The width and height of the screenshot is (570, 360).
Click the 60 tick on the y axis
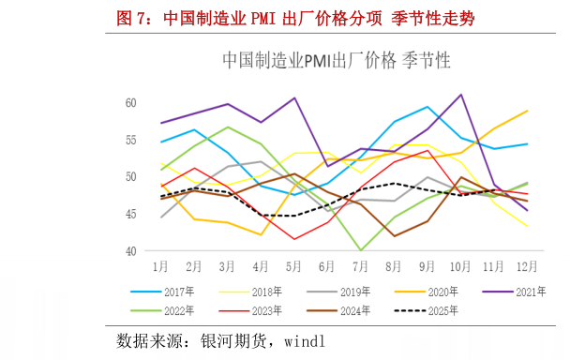pyautogui.click(x=130, y=103)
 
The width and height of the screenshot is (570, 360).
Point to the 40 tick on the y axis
pyautogui.click(x=130, y=251)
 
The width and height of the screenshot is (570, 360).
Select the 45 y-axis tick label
pyautogui.click(x=130, y=215)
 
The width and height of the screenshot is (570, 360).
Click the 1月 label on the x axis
pyautogui.click(x=161, y=266)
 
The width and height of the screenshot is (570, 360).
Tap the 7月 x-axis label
pyautogui.click(x=361, y=266)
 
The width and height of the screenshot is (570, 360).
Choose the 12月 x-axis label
pyautogui.click(x=527, y=266)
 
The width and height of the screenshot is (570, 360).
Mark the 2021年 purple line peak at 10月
pyautogui.click(x=461, y=95)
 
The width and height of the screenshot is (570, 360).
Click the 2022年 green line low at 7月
pyautogui.click(x=361, y=250)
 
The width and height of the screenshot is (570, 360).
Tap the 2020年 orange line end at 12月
pyautogui.click(x=527, y=111)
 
